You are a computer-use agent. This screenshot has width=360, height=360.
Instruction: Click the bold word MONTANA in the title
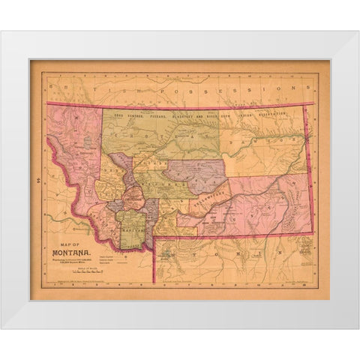[72, 253]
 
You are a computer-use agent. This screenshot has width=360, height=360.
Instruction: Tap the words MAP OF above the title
[67, 244]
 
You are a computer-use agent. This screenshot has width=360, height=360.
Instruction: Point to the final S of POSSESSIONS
[288, 87]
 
